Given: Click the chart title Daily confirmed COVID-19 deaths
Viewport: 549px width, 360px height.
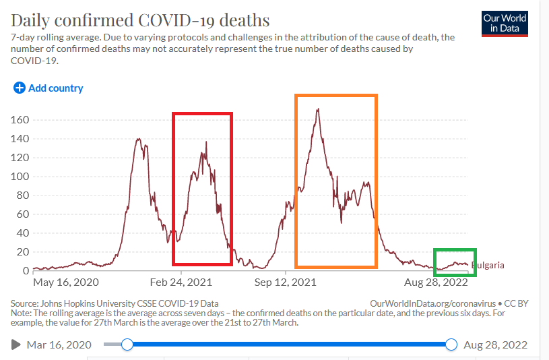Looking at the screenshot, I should pos(140,20).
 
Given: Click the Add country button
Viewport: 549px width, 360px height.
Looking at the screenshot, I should pos(55,88).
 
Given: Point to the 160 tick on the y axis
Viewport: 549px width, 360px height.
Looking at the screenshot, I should pos(20,120).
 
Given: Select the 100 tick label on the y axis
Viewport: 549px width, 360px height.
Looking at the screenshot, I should pos(20,177).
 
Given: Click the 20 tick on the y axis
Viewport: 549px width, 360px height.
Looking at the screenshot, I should pos(23,252).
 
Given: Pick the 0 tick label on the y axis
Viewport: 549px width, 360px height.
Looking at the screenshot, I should pos(26,271).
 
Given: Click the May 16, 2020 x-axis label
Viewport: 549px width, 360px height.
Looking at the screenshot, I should pos(65,282).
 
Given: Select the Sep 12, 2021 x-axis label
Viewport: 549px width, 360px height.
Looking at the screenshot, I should pos(286,282).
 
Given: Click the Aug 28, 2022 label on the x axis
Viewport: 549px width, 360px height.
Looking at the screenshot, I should pos(436,282).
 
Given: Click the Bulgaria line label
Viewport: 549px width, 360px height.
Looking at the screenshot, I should pos(488,265).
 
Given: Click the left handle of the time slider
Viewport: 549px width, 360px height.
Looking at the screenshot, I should pos(127,345).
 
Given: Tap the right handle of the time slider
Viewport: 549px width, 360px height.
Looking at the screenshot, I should pos(451,345).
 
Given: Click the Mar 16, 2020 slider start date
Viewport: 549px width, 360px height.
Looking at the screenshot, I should pos(58,345).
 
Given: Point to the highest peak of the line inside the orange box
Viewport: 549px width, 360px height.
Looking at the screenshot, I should pos(317,109).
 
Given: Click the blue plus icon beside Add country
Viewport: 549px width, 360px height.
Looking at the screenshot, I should pos(19,88).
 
